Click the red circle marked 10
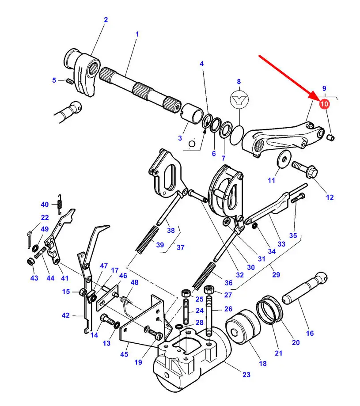pos(324,104)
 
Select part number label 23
pos(246,374)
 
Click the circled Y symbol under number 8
pos(239,99)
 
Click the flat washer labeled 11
pos(284,157)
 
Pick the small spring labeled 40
pos(60,204)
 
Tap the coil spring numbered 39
pos(147,239)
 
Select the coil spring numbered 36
pos(204,276)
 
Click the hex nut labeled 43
pos(30,262)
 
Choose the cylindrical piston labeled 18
pos(243,327)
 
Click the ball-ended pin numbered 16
pos(305,288)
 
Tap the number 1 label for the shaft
pos(137,34)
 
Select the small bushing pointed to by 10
pos(331,137)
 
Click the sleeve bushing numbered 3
pos(192,113)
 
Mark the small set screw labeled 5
pos(70,81)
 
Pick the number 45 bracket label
pos(124,354)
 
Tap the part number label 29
pos(276,274)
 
